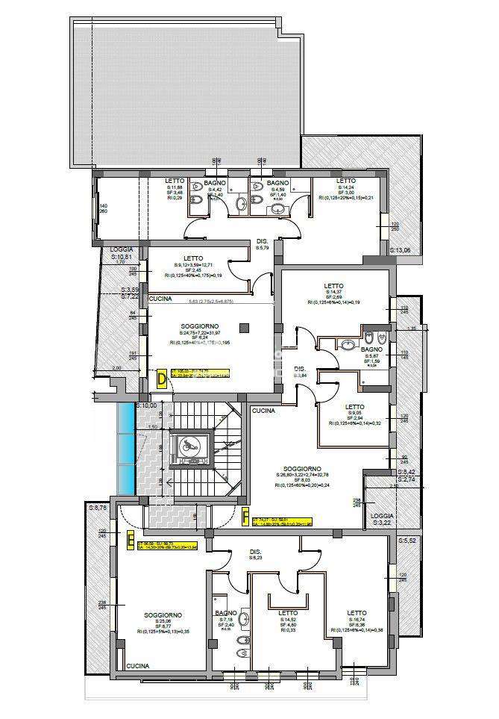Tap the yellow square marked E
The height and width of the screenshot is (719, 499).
(131, 539)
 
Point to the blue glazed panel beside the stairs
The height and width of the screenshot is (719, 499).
(125, 447)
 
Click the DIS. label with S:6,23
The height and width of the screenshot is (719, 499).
(255, 553)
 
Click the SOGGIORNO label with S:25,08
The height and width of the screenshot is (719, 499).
(163, 614)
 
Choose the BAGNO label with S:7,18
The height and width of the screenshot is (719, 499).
(225, 613)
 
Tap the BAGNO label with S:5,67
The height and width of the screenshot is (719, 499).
(371, 349)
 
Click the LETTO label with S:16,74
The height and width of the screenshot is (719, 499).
(357, 613)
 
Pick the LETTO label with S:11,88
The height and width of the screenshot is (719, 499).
(175, 181)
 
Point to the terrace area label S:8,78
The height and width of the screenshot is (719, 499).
(98, 508)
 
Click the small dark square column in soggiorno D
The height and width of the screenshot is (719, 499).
(244, 327)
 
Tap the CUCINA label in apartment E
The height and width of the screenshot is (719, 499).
(136, 665)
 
